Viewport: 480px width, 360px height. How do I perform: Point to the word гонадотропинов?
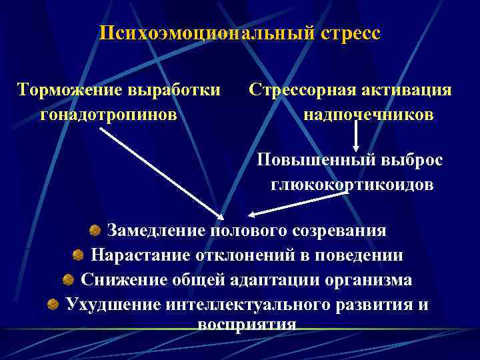109,115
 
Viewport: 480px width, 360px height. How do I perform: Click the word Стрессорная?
304,90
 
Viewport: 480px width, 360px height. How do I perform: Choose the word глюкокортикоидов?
352,185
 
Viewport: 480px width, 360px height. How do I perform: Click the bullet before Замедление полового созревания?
95,231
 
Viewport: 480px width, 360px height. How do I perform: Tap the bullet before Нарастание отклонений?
78,255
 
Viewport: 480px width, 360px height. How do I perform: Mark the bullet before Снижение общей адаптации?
68,279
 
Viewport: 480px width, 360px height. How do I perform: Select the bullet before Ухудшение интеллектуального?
53,304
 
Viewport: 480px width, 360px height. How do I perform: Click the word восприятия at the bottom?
247,325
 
